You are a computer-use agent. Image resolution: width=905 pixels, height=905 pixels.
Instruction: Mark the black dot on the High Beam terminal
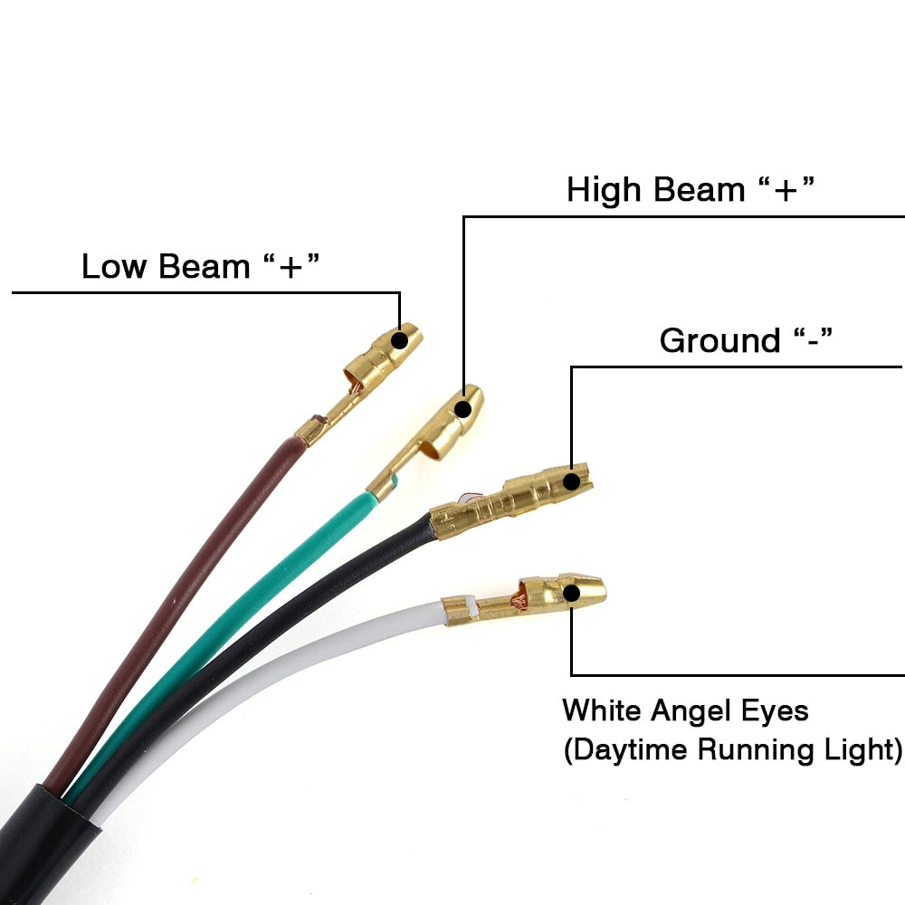463,409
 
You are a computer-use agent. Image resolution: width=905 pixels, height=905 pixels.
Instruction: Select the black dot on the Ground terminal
571,481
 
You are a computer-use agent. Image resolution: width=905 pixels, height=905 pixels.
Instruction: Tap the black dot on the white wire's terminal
571,594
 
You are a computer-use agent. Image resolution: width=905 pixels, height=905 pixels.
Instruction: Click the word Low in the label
116,267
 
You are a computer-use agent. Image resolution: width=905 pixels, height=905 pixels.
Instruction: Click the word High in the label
603,190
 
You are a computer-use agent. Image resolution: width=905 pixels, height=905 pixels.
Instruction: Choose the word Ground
720,341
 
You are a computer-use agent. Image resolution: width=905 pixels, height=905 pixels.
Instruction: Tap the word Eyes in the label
774,710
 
